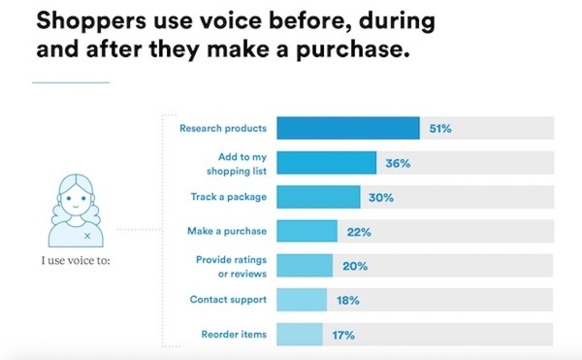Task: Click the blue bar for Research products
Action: coord(348,127)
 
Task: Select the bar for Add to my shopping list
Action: coord(327,162)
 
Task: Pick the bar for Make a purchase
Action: coord(307,231)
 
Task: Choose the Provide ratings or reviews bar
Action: coord(305,266)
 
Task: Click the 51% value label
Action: coord(441,127)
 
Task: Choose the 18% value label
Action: coord(347,301)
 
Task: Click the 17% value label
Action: coord(344,335)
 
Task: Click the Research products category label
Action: coord(223,127)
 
